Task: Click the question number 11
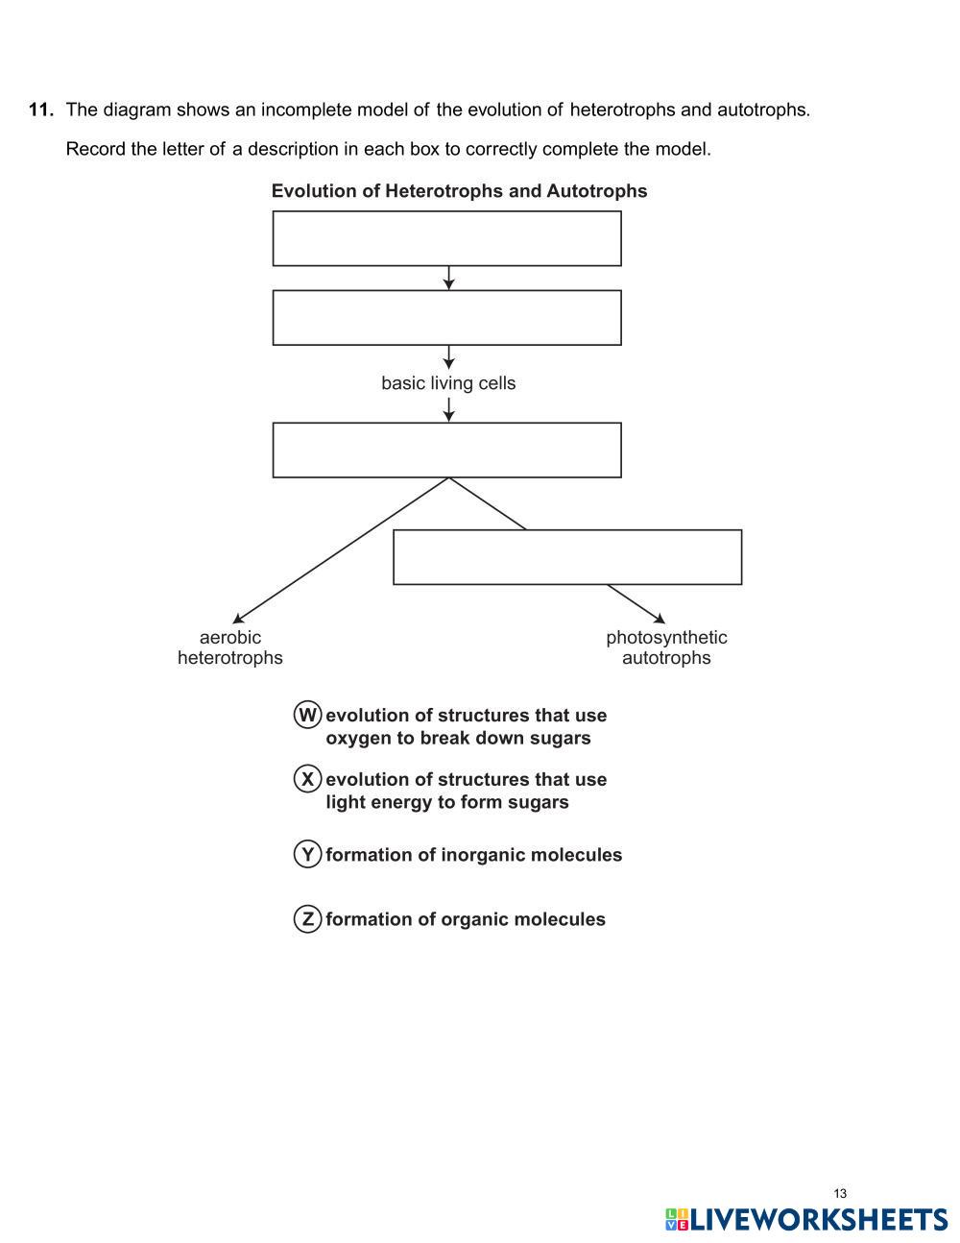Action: [x=40, y=110]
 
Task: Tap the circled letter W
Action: [x=307, y=715]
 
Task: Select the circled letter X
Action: [x=307, y=779]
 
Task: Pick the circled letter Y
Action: [x=307, y=854]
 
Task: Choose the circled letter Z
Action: [x=307, y=919]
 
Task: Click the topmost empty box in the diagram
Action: [x=446, y=238]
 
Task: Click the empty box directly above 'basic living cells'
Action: [x=446, y=317]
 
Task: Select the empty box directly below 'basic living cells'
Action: [x=446, y=450]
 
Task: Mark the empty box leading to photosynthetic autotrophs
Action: [x=567, y=557]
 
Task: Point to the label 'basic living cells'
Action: [x=448, y=383]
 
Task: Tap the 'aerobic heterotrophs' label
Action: [x=230, y=647]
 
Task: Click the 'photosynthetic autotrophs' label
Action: [x=666, y=647]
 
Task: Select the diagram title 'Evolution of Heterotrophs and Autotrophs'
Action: [x=459, y=191]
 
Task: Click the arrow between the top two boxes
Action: [x=448, y=278]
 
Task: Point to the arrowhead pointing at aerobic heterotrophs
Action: [x=237, y=620]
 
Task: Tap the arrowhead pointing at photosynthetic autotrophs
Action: [x=660, y=619]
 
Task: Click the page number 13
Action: [x=840, y=1194]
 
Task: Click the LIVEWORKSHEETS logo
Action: [x=806, y=1220]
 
